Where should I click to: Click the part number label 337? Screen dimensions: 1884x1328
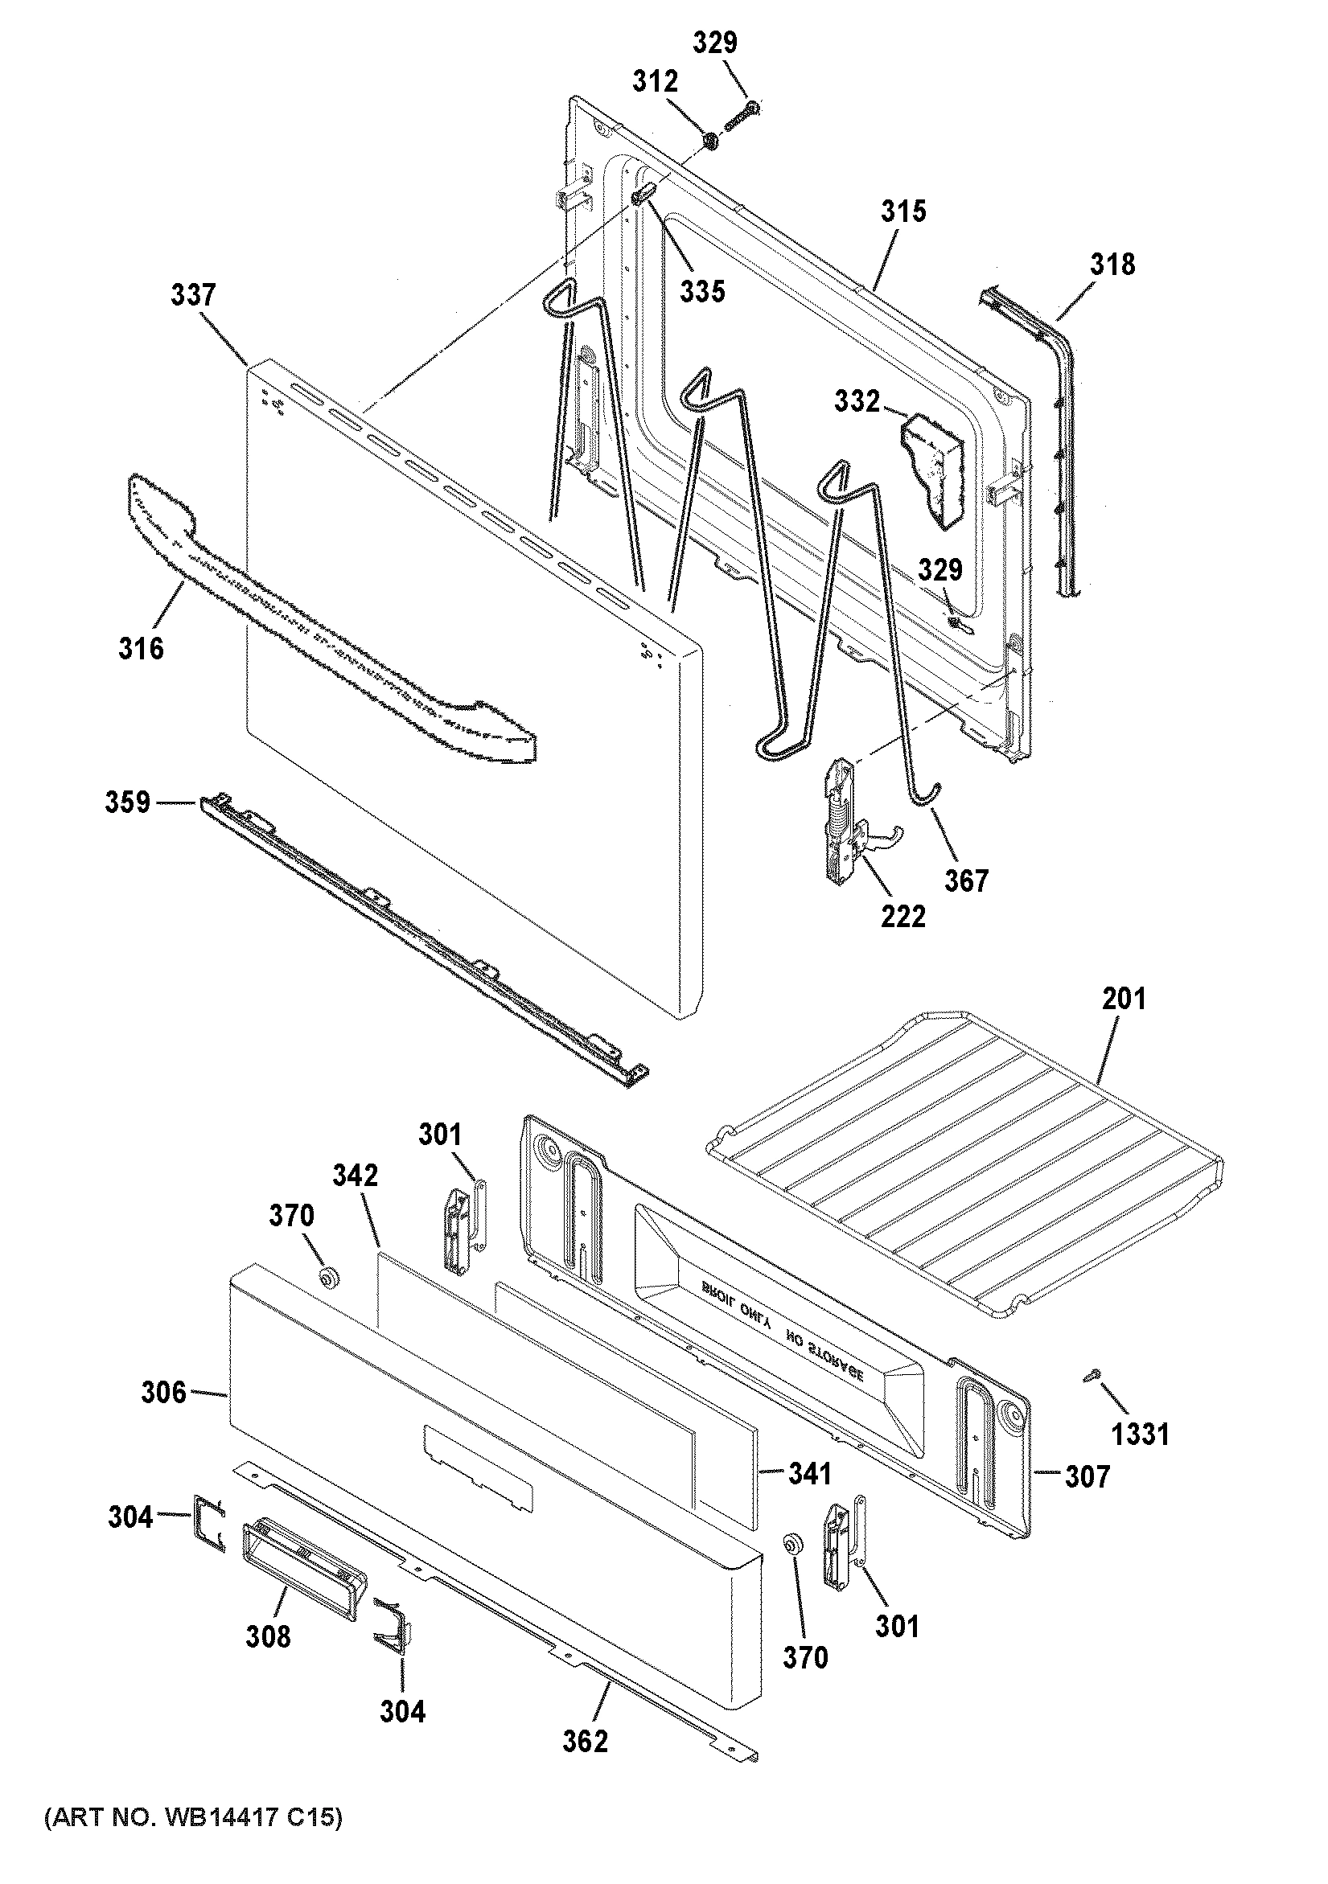(x=193, y=295)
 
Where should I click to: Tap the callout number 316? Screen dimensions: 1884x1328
(x=142, y=649)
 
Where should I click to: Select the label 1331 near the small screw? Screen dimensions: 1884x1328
(x=1140, y=1435)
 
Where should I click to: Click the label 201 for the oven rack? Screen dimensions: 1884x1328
(x=1124, y=999)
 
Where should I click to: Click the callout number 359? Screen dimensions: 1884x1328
(x=127, y=802)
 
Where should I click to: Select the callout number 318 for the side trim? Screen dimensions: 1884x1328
(x=1112, y=265)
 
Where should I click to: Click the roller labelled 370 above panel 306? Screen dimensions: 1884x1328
(x=330, y=1278)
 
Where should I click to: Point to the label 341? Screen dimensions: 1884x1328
(x=809, y=1474)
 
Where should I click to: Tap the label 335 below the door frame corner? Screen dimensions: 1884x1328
(x=702, y=290)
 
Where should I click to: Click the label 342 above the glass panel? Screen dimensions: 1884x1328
(x=356, y=1176)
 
